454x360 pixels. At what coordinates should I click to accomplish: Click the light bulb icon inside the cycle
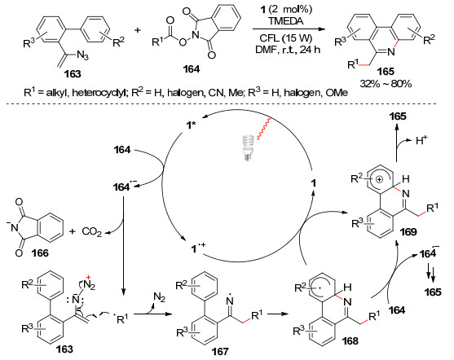(248, 147)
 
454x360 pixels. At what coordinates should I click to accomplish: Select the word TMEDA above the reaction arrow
(285, 21)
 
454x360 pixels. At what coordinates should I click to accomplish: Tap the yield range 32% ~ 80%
(386, 84)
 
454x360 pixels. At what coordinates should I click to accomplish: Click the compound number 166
(40, 253)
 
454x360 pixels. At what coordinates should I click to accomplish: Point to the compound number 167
(220, 351)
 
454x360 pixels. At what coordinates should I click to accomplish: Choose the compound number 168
(350, 341)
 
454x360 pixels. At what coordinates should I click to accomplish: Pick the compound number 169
(408, 231)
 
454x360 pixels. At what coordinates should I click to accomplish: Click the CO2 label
(92, 232)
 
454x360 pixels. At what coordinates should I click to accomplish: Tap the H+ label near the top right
(421, 140)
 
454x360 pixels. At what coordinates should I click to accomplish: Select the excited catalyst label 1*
(190, 125)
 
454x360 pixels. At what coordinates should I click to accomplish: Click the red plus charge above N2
(88, 277)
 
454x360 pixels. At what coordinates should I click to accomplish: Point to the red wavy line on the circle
(263, 129)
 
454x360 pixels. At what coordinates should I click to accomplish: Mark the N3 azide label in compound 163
(82, 55)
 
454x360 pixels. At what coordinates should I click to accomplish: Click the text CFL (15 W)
(286, 38)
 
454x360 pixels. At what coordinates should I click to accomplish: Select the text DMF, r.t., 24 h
(288, 50)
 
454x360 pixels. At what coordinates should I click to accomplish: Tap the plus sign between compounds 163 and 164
(137, 30)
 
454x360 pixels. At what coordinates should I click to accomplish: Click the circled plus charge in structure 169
(379, 179)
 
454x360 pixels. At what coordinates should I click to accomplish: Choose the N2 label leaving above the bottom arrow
(159, 297)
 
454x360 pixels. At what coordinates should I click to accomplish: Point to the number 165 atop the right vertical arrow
(398, 116)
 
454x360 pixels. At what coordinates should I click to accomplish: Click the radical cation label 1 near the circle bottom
(198, 248)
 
